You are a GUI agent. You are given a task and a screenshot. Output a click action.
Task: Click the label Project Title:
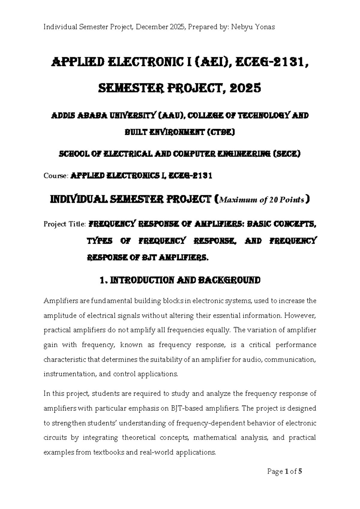(65, 224)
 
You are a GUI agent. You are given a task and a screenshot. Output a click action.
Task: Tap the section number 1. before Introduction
(103, 281)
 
